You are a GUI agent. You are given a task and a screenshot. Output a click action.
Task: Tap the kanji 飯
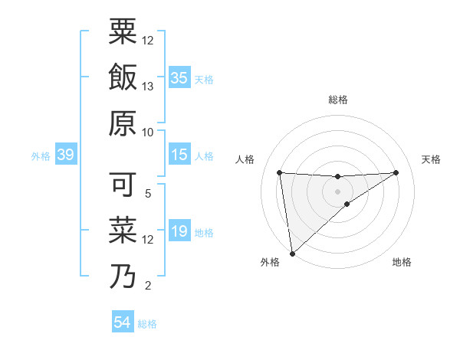[x=123, y=77]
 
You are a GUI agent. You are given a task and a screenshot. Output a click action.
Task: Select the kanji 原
[x=123, y=123]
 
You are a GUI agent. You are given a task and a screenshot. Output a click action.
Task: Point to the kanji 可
[x=123, y=185]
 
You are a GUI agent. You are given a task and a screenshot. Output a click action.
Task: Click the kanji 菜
[x=123, y=231]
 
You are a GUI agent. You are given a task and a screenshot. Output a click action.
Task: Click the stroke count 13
[x=148, y=87]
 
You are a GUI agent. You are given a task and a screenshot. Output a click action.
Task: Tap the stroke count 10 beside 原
[x=148, y=133]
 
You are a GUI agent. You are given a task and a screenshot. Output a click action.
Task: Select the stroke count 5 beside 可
[x=148, y=194]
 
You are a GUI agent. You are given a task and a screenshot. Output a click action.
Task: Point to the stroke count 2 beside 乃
[x=148, y=286]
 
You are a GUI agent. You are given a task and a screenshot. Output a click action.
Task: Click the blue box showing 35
[x=179, y=78]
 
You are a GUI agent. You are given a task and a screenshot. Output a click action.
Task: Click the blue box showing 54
[x=123, y=322]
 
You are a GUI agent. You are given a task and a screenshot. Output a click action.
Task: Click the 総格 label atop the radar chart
[x=337, y=100]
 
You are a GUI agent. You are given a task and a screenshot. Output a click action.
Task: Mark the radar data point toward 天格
[x=396, y=172]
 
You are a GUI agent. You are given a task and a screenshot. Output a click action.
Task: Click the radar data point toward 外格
[x=292, y=254]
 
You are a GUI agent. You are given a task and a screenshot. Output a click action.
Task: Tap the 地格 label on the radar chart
[x=402, y=263]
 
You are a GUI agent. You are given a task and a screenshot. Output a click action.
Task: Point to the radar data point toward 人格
[x=280, y=172]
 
